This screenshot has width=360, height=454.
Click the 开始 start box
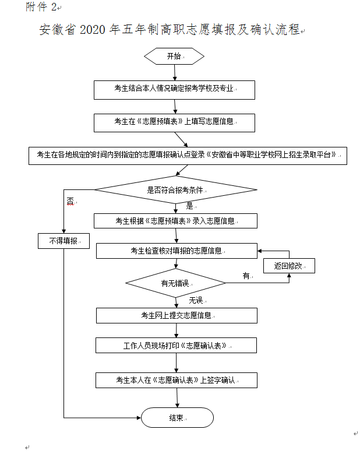pos(174,57)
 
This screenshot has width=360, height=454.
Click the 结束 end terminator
pos(177,417)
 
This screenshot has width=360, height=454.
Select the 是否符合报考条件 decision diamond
pos(175,190)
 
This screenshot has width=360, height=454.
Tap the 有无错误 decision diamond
pos(175,284)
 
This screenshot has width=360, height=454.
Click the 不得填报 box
pos(63,240)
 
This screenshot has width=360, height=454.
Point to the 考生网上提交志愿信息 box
pos(176,315)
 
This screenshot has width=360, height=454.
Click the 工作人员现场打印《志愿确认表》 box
pos(176,345)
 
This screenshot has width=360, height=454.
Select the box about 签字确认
pos(176,380)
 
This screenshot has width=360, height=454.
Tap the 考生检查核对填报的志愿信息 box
pos(176,251)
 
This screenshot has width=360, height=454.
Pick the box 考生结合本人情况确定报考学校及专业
pos(175,89)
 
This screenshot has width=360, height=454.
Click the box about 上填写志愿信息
pos(175,122)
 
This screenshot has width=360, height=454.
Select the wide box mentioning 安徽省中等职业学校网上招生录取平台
pos(188,155)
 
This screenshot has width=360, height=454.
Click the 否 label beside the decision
pos(70,201)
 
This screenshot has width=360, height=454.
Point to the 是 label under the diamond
pos(189,206)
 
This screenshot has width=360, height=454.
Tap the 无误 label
pos(195,300)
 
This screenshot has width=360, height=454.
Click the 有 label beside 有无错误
pos(246,275)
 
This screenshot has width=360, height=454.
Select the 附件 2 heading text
pos(41,6)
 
